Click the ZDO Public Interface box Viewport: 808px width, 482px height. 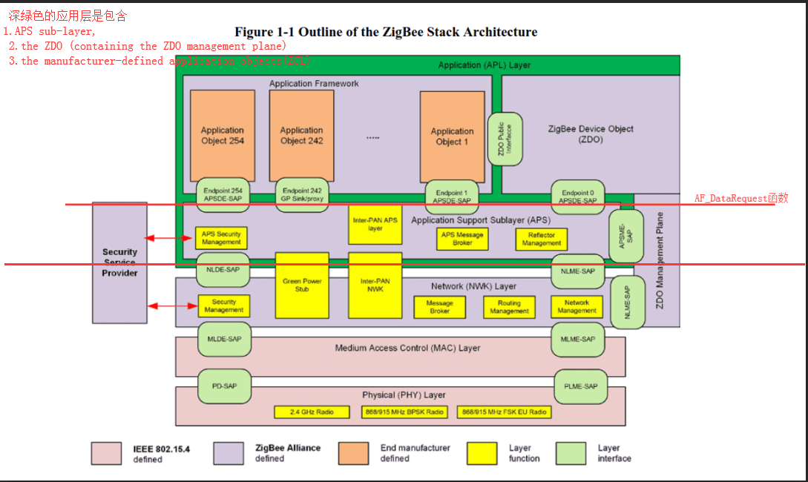(505, 139)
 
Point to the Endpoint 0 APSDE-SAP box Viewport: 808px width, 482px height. (577, 196)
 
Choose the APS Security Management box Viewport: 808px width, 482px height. (221, 238)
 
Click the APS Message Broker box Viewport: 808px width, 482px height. (462, 238)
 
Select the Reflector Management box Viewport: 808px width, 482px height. (542, 239)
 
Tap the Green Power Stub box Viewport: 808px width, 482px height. (301, 285)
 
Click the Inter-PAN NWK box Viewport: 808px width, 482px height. (375, 285)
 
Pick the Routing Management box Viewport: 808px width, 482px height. (509, 307)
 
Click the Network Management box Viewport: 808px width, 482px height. (577, 306)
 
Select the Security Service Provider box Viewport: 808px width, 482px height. (119, 263)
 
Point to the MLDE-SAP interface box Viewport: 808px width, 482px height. (224, 339)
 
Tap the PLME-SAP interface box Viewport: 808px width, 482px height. (579, 386)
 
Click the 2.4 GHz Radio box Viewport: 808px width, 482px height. (312, 412)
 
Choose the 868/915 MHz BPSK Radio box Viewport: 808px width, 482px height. (404, 412)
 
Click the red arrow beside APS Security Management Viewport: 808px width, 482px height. (170, 238)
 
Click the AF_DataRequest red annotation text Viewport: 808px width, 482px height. (740, 198)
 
